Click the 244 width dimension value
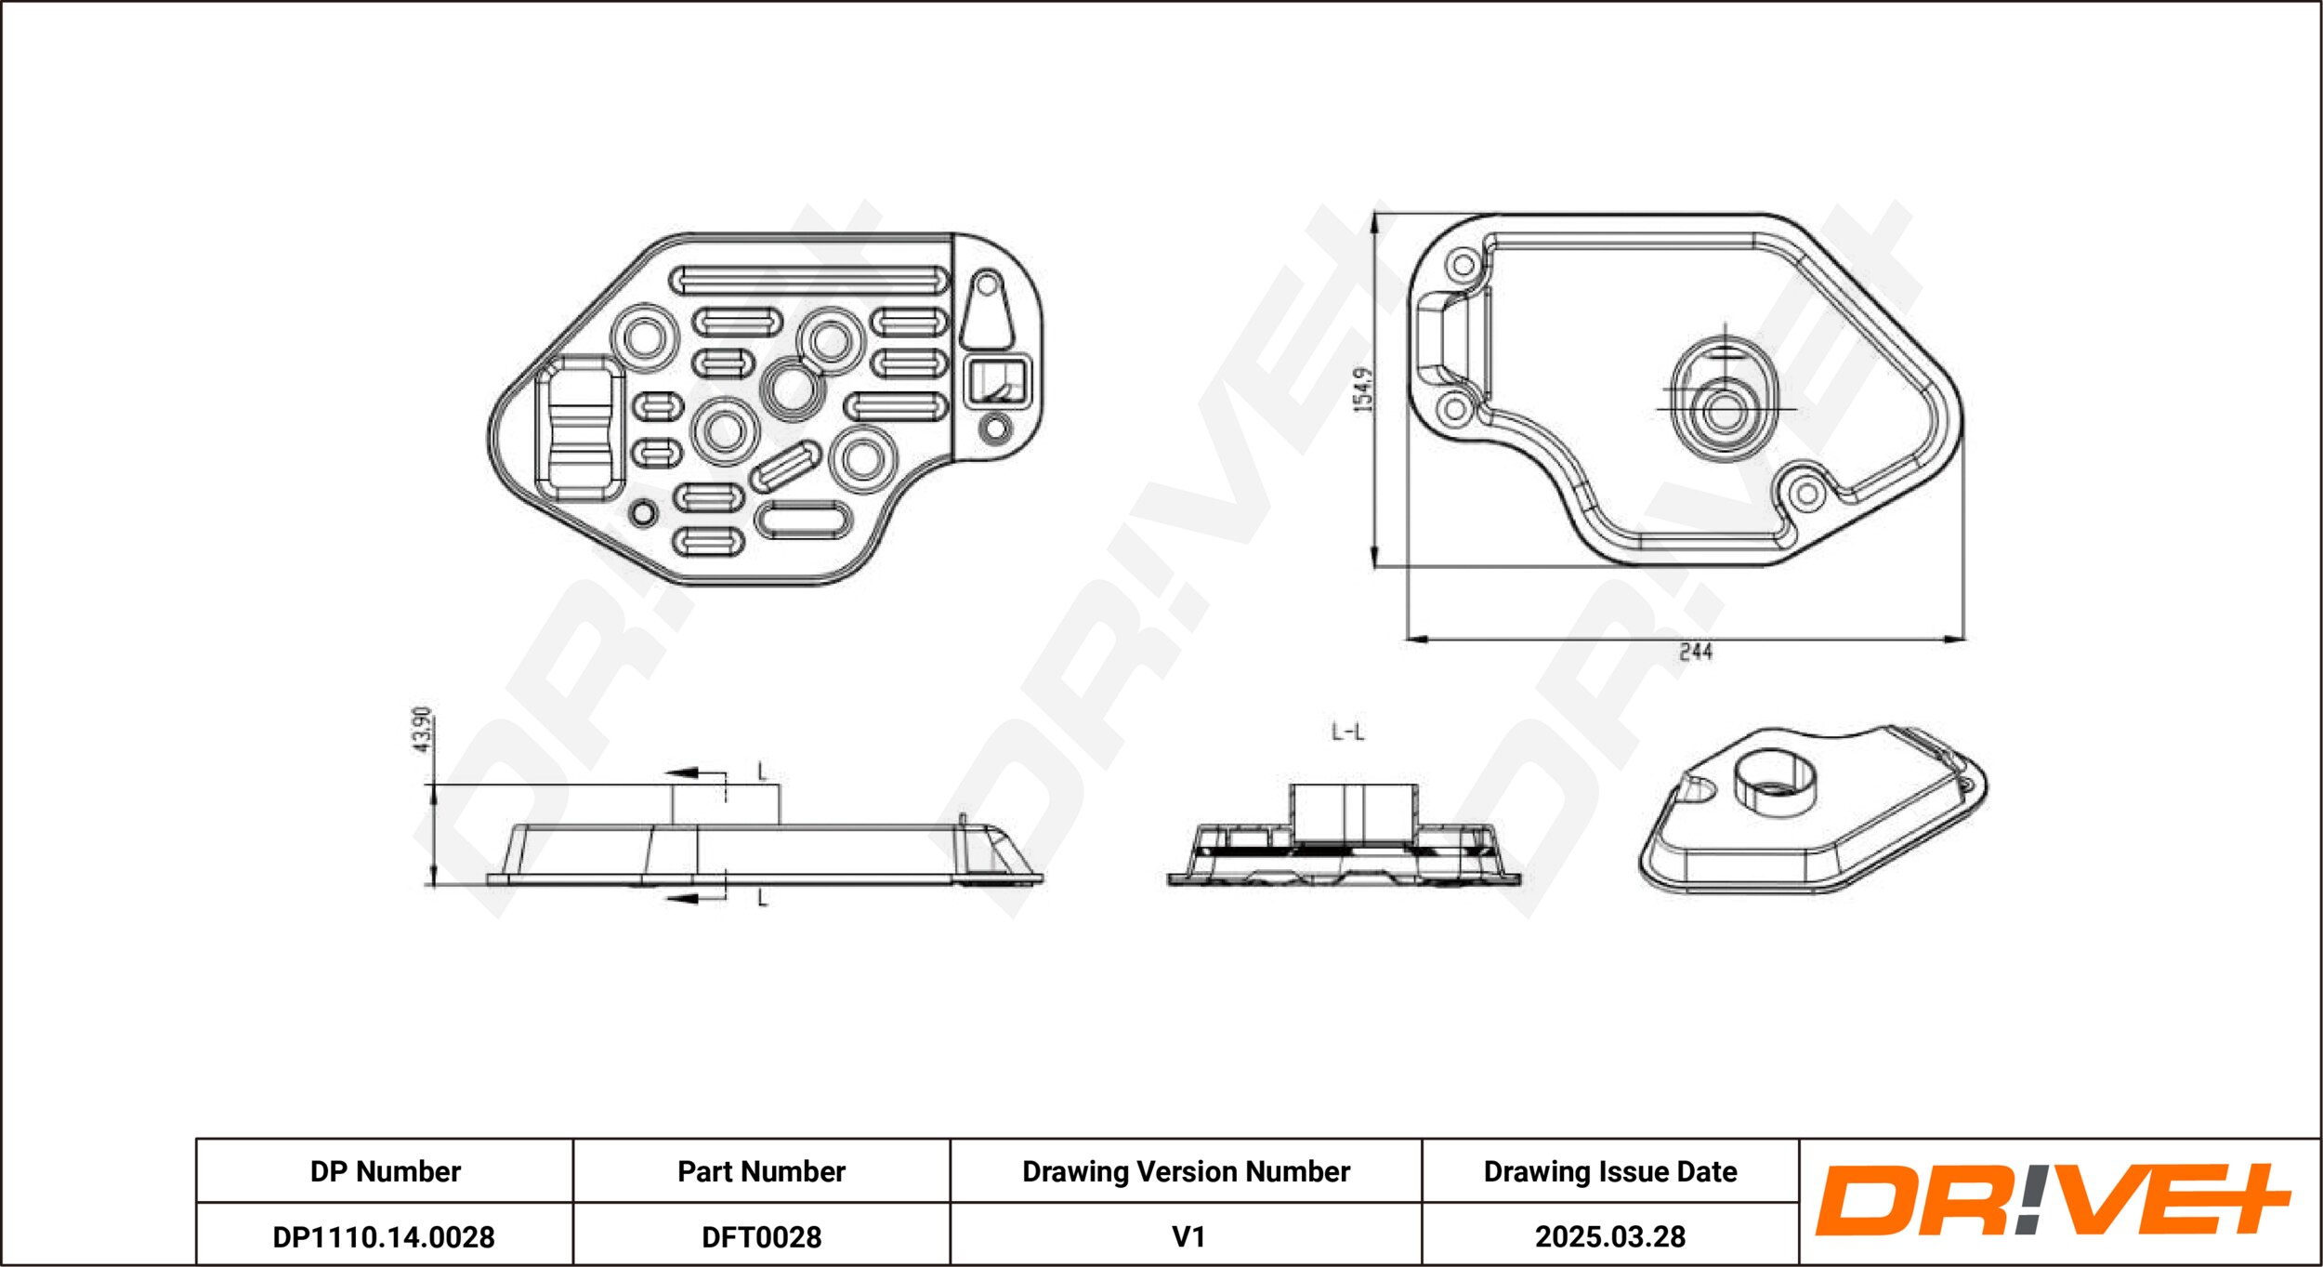[1695, 652]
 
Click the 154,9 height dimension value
[1362, 389]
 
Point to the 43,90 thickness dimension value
[422, 730]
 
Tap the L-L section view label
[1347, 732]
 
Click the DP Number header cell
[385, 1171]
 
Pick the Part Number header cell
[761, 1171]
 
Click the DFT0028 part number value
[761, 1237]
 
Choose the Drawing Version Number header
[1186, 1171]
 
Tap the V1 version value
[1188, 1237]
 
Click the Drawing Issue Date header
[1609, 1171]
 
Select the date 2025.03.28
[1609, 1237]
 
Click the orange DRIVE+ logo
[2052, 1200]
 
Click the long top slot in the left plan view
[809, 279]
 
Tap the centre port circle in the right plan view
[1726, 410]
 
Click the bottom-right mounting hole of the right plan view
[1807, 494]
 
